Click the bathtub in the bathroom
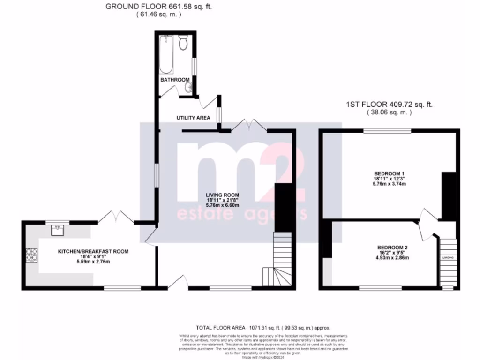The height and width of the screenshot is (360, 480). pyautogui.click(x=166, y=55)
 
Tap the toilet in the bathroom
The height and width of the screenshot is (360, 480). pyautogui.click(x=183, y=44)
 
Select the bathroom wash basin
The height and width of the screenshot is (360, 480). pyautogui.click(x=188, y=87)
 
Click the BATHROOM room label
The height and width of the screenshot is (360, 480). pyautogui.click(x=175, y=80)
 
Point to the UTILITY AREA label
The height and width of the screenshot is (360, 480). pyautogui.click(x=193, y=118)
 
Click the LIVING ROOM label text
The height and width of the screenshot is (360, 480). pyautogui.click(x=222, y=195)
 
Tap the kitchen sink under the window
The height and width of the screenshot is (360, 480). pyautogui.click(x=57, y=230)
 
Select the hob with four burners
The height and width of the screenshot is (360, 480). pyautogui.click(x=32, y=255)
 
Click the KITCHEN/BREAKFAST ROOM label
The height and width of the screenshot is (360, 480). pyautogui.click(x=93, y=251)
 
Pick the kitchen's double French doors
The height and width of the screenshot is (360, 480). pyautogui.click(x=116, y=217)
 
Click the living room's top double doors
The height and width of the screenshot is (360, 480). pyautogui.click(x=249, y=125)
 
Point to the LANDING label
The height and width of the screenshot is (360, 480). pyautogui.click(x=448, y=258)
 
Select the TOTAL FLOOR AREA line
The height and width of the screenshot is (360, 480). pyautogui.click(x=265, y=328)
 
